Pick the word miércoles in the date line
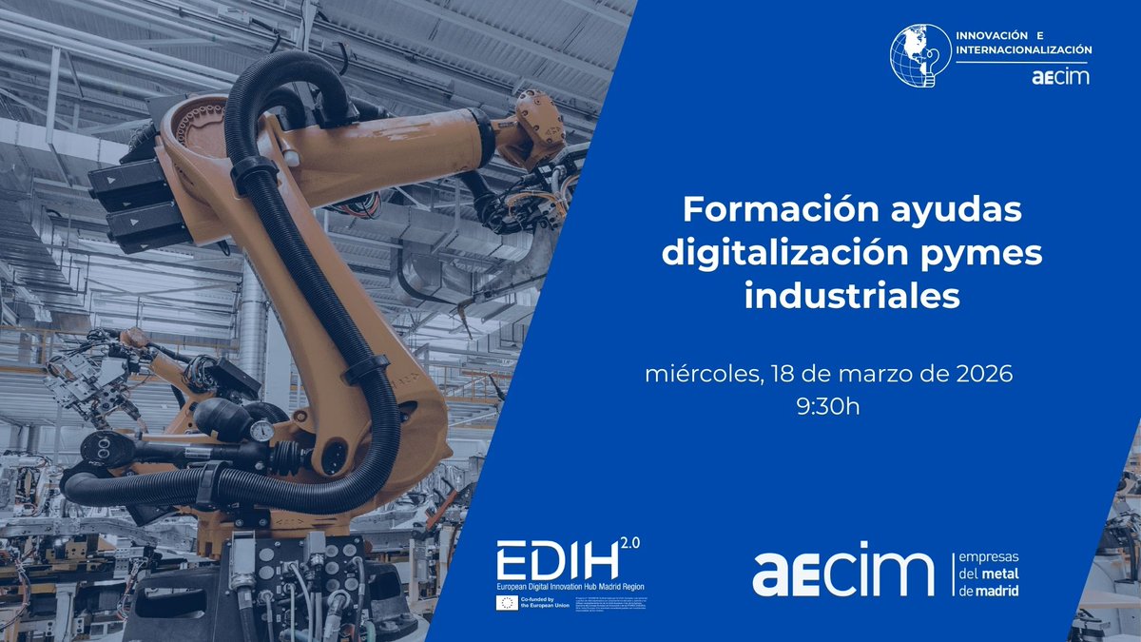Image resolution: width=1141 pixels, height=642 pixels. pyautogui.click(x=700, y=375)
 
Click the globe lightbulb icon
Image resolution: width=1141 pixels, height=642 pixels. pyautogui.click(x=920, y=56)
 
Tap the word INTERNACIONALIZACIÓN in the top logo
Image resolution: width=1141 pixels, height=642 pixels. pyautogui.click(x=1023, y=49)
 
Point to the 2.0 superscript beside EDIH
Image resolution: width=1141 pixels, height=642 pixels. pyautogui.click(x=630, y=543)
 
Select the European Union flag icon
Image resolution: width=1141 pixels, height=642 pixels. pyautogui.click(x=507, y=603)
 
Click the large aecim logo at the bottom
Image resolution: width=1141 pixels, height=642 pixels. pyautogui.click(x=843, y=570)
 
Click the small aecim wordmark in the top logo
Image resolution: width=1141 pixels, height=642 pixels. pyautogui.click(x=1060, y=77)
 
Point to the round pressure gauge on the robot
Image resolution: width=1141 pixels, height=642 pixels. pyautogui.click(x=261, y=431)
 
